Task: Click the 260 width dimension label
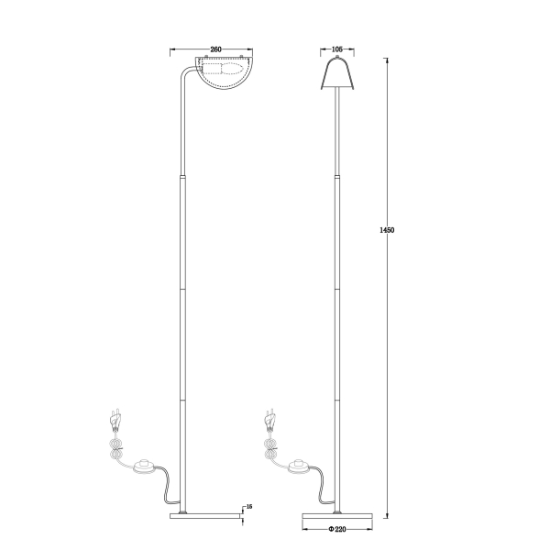coord(215,49)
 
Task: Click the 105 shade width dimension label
coord(336,49)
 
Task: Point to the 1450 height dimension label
coord(387,230)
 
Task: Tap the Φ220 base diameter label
coord(337,529)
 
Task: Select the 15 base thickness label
coord(249,507)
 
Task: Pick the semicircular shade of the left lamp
coord(224,73)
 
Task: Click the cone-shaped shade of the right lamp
coord(337,74)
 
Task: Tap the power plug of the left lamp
coord(116,420)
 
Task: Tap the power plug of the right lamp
coord(270,420)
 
